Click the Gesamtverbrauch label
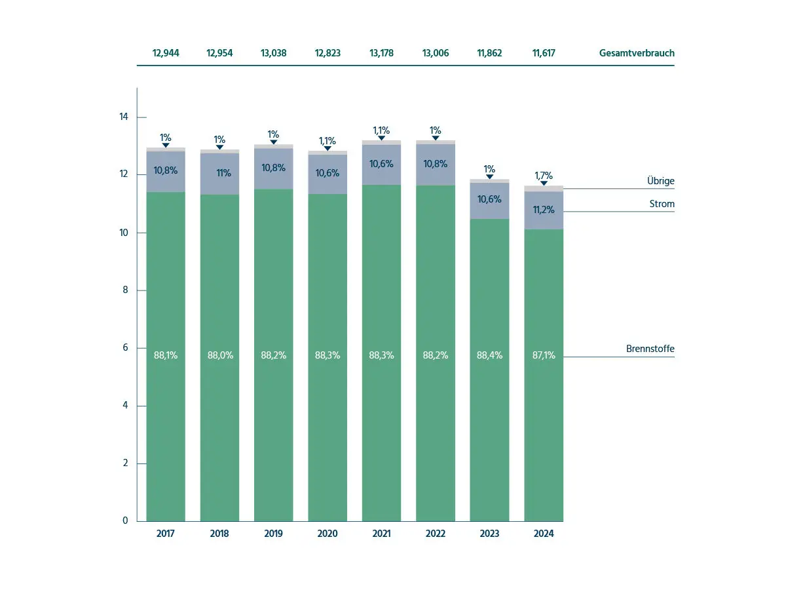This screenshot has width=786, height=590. (636, 53)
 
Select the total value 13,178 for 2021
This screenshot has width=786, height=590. (382, 53)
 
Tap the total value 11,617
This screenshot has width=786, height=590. (544, 53)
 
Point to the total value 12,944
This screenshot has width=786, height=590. (166, 53)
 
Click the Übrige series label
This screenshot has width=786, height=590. (661, 181)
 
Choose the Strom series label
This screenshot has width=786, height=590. (662, 204)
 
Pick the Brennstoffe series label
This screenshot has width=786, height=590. (650, 349)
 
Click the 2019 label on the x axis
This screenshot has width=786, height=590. (274, 534)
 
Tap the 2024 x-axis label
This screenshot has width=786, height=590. (544, 534)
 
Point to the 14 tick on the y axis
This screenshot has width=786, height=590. (123, 117)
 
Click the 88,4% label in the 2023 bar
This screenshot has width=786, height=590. (489, 355)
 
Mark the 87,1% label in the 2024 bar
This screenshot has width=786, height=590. (544, 355)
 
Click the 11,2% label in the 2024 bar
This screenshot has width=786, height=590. (544, 210)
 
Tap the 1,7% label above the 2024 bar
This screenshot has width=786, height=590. (544, 176)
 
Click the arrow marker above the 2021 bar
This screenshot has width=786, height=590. (382, 138)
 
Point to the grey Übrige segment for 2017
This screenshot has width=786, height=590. (166, 149)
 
